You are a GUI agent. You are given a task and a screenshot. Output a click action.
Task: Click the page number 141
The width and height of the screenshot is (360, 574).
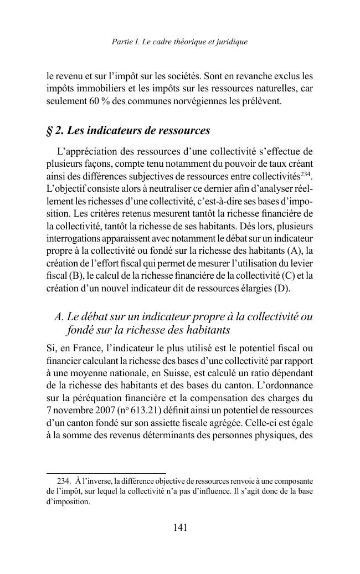point(180,528)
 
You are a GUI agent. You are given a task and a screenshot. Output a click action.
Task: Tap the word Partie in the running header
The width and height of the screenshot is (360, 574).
point(122,42)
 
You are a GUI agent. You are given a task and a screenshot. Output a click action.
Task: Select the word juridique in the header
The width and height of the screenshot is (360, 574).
point(232,42)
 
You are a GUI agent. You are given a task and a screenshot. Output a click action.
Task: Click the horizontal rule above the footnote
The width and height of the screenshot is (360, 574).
point(98,473)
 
